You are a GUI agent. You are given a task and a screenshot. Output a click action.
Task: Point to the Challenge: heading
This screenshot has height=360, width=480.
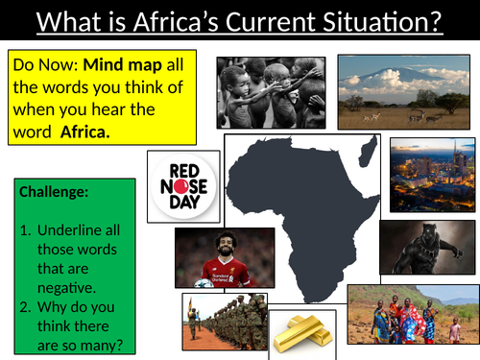pyautogui.click(x=55, y=192)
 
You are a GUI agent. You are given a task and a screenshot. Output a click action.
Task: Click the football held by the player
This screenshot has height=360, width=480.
pyautogui.click(x=204, y=282)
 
